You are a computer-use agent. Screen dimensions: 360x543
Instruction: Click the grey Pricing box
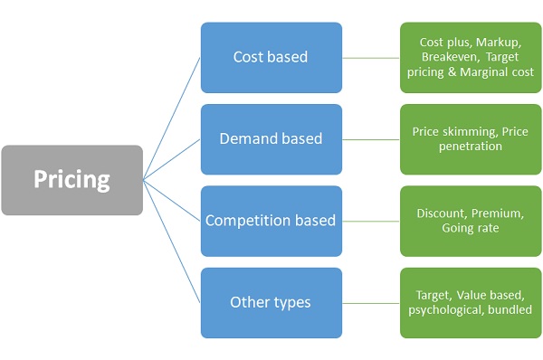pyautogui.click(x=71, y=180)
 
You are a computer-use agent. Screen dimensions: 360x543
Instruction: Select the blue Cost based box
pyautogui.click(x=271, y=57)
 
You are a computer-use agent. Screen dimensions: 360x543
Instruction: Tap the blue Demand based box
pyautogui.click(x=271, y=139)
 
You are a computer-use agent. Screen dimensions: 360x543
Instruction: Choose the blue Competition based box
pyautogui.click(x=271, y=221)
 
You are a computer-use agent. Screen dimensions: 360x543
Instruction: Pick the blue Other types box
pyautogui.click(x=271, y=302)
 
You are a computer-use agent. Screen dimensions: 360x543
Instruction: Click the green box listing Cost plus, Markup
pyautogui.click(x=470, y=57)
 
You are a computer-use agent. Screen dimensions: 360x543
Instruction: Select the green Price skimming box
pyautogui.click(x=470, y=139)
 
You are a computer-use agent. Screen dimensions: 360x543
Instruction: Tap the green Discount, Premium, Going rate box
pyautogui.click(x=470, y=221)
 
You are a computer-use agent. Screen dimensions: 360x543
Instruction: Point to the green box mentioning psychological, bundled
pyautogui.click(x=470, y=302)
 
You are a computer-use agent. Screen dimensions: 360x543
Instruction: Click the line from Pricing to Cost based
pyautogui.click(x=172, y=118)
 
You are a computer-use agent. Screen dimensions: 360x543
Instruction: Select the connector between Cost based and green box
pyautogui.click(x=371, y=58)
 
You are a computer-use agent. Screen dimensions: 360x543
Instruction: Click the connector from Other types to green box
pyautogui.click(x=371, y=302)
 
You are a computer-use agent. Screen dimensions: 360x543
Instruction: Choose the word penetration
pyautogui.click(x=470, y=147)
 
